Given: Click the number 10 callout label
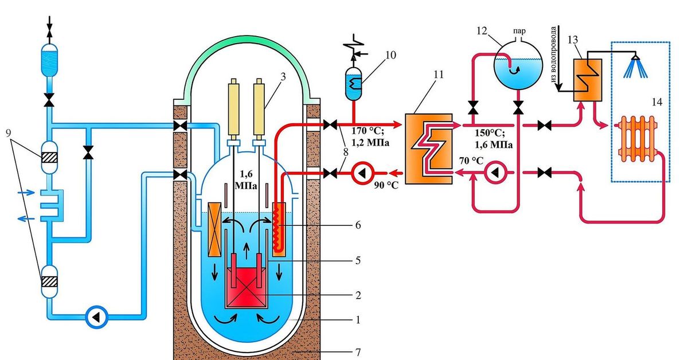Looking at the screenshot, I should point(391,56).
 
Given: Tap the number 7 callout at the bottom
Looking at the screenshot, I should point(356,347).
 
